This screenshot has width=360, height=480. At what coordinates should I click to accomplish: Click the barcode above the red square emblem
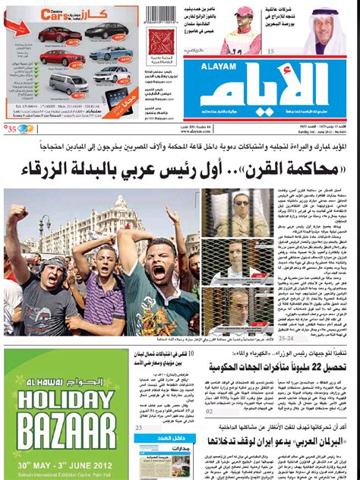160,15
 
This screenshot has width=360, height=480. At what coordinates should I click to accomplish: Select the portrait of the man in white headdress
329,30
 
